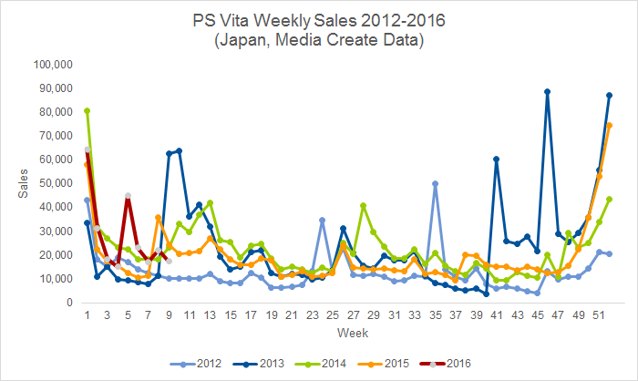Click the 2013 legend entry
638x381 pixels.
(x=259, y=364)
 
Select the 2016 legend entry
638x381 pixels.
(x=445, y=364)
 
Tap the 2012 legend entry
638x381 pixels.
(x=196, y=364)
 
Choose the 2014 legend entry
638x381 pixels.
(x=321, y=364)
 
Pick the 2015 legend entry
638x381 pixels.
(x=384, y=364)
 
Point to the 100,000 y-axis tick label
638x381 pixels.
(x=53, y=65)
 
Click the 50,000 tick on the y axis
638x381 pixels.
(x=57, y=183)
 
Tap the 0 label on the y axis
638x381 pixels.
(x=69, y=303)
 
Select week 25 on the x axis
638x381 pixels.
(x=333, y=315)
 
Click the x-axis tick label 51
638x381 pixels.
(x=599, y=315)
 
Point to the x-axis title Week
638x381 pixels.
(x=353, y=333)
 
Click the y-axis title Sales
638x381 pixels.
(x=23, y=183)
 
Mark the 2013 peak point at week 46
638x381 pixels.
(x=547, y=91)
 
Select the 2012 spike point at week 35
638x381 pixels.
(x=435, y=183)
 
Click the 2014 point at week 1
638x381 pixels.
(x=87, y=110)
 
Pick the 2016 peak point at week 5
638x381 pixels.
(x=128, y=196)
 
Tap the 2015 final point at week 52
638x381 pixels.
(x=609, y=126)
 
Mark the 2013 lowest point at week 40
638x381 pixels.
(x=486, y=293)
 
